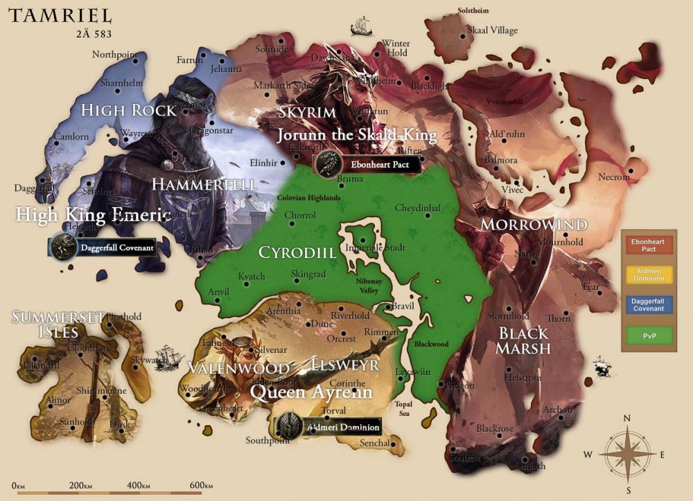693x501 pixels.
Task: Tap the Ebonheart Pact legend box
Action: (x=648, y=244)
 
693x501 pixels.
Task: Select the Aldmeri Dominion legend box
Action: (x=648, y=274)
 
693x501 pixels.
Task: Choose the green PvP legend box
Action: (x=648, y=335)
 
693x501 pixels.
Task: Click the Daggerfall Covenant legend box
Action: (x=648, y=304)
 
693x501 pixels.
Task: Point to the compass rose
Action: (x=626, y=454)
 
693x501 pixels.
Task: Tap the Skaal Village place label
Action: (x=492, y=30)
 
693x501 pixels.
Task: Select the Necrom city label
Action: (x=614, y=177)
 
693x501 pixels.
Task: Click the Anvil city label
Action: (x=218, y=292)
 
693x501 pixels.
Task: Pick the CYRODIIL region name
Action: (x=297, y=253)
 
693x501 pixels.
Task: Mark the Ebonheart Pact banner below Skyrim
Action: (x=367, y=165)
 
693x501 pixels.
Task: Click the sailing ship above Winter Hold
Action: (x=361, y=27)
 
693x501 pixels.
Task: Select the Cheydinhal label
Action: (x=417, y=208)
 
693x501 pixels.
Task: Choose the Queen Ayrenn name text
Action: (x=311, y=392)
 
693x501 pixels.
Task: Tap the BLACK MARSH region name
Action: (x=525, y=340)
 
